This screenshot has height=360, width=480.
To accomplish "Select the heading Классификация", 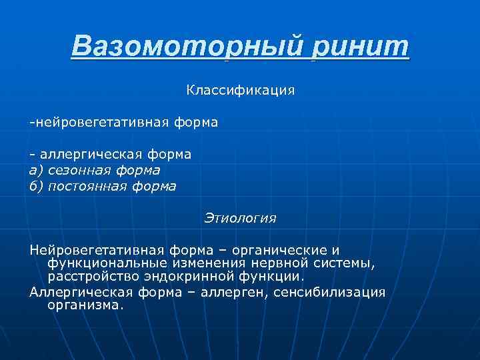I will [x=240, y=89].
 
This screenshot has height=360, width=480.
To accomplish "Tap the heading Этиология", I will [x=240, y=218].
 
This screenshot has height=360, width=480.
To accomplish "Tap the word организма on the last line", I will [x=84, y=305].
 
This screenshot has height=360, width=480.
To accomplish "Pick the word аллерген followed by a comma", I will [x=233, y=292].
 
